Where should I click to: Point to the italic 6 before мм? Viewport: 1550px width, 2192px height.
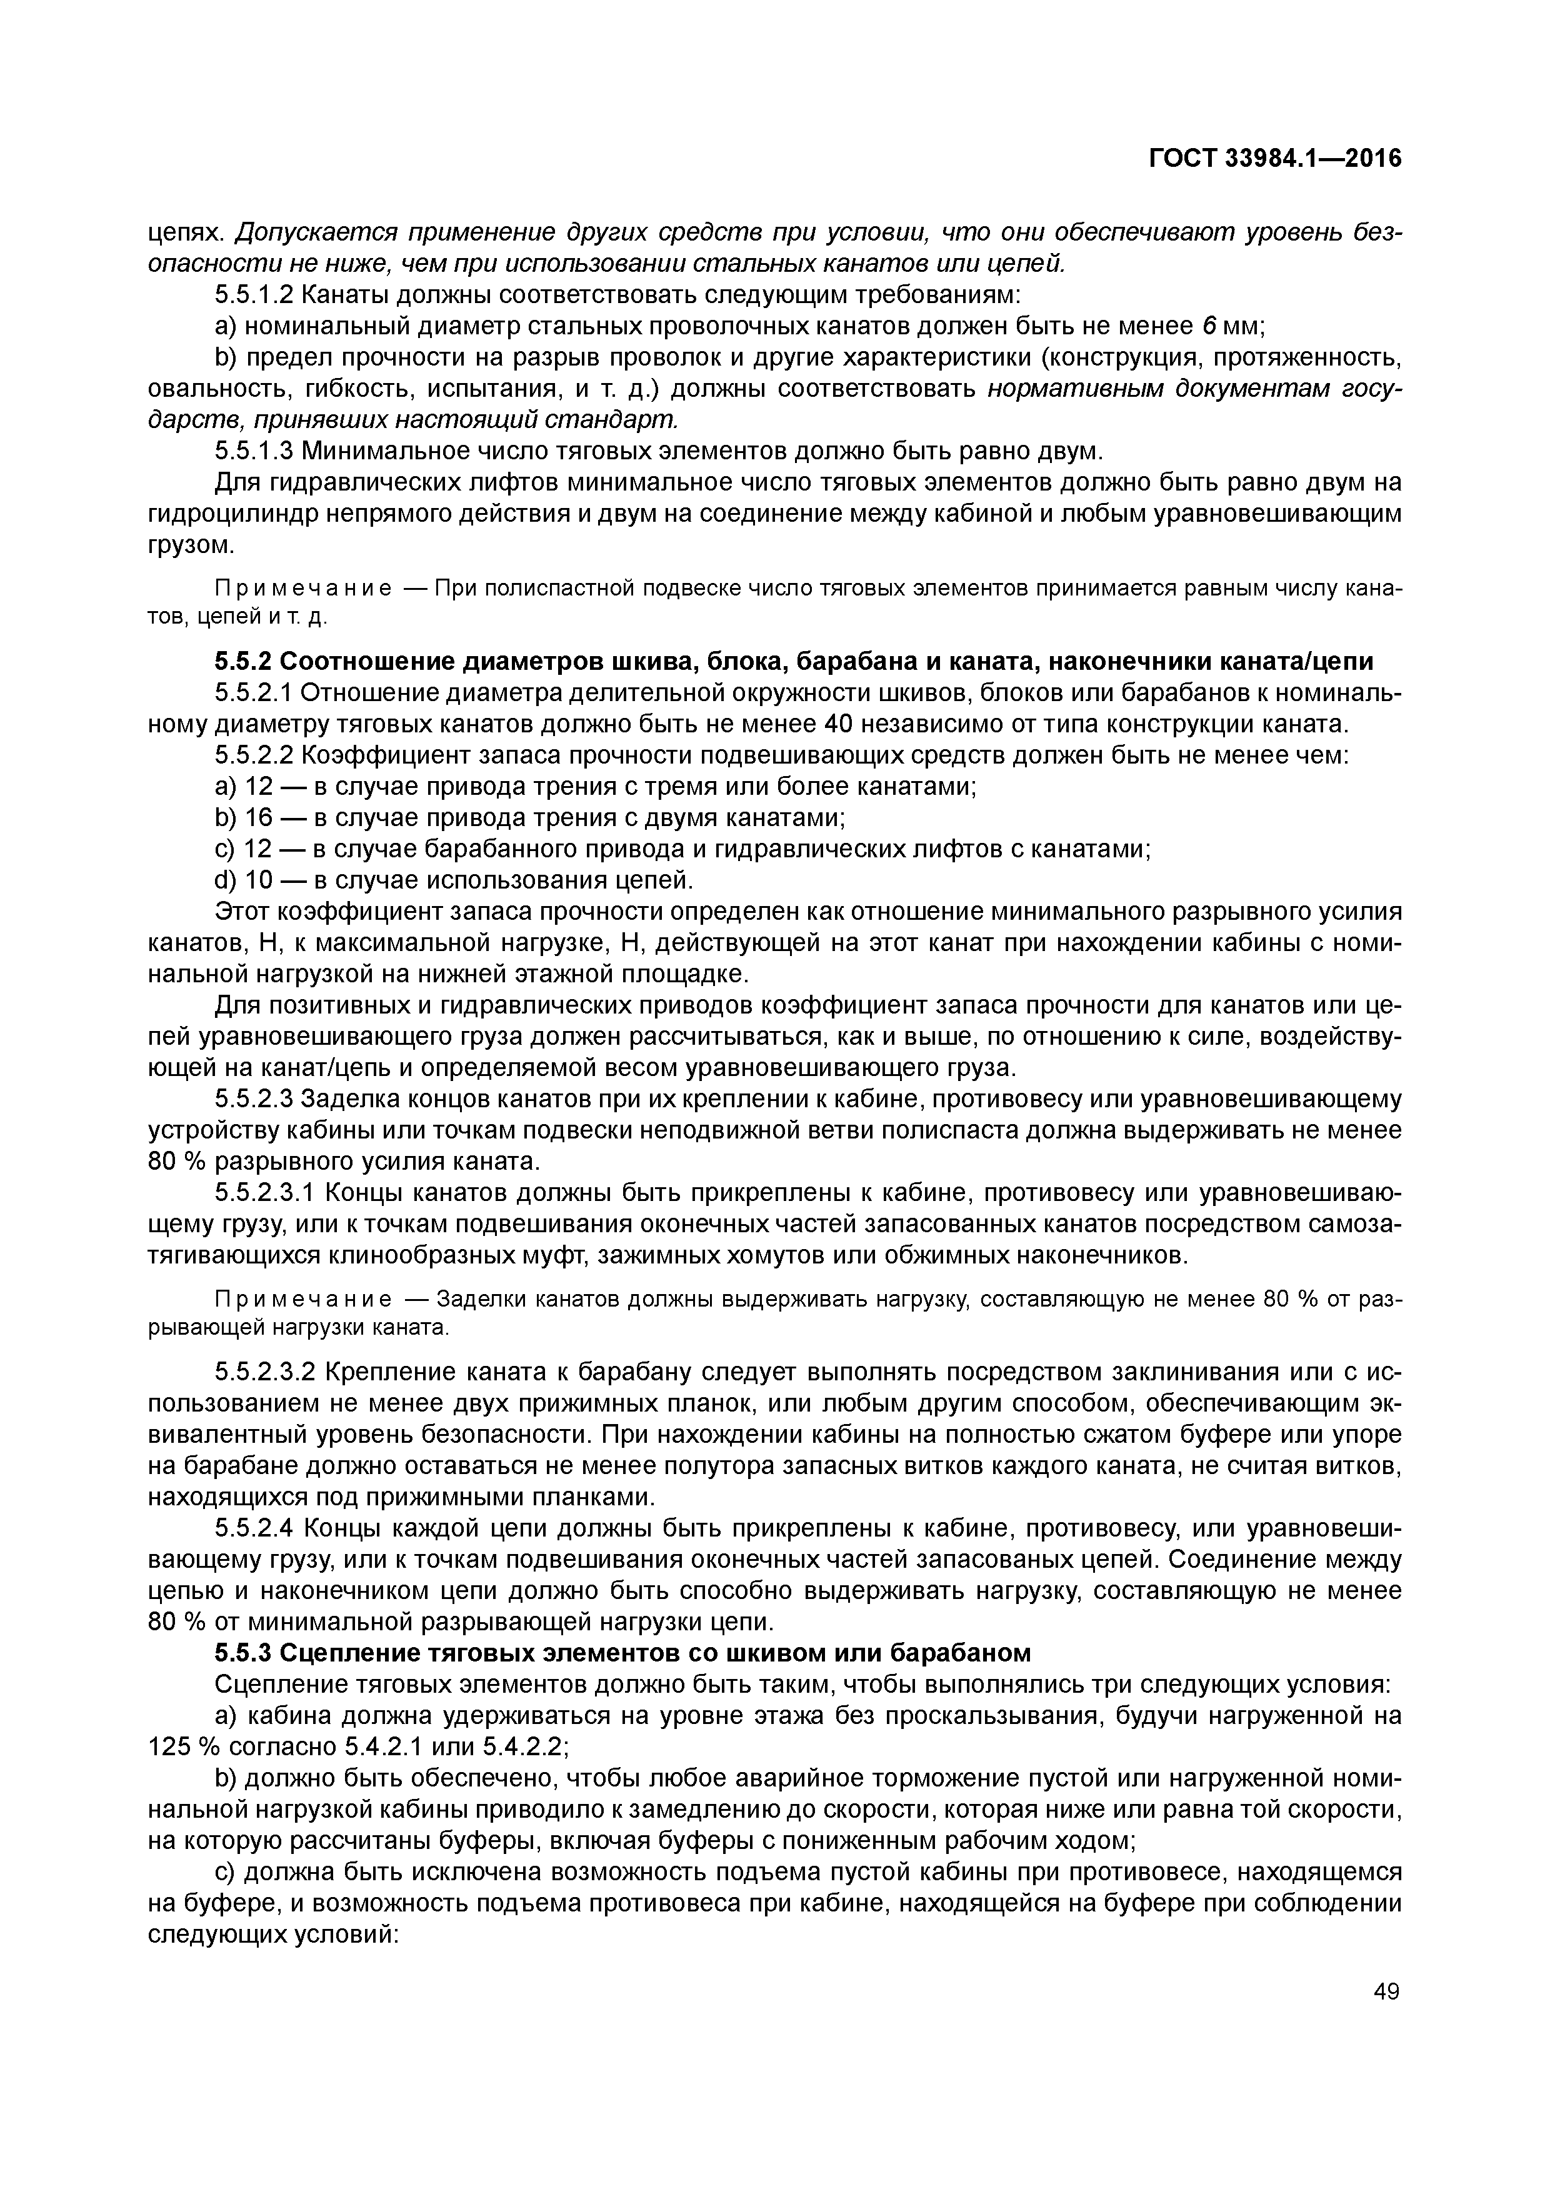[x=1208, y=327]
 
